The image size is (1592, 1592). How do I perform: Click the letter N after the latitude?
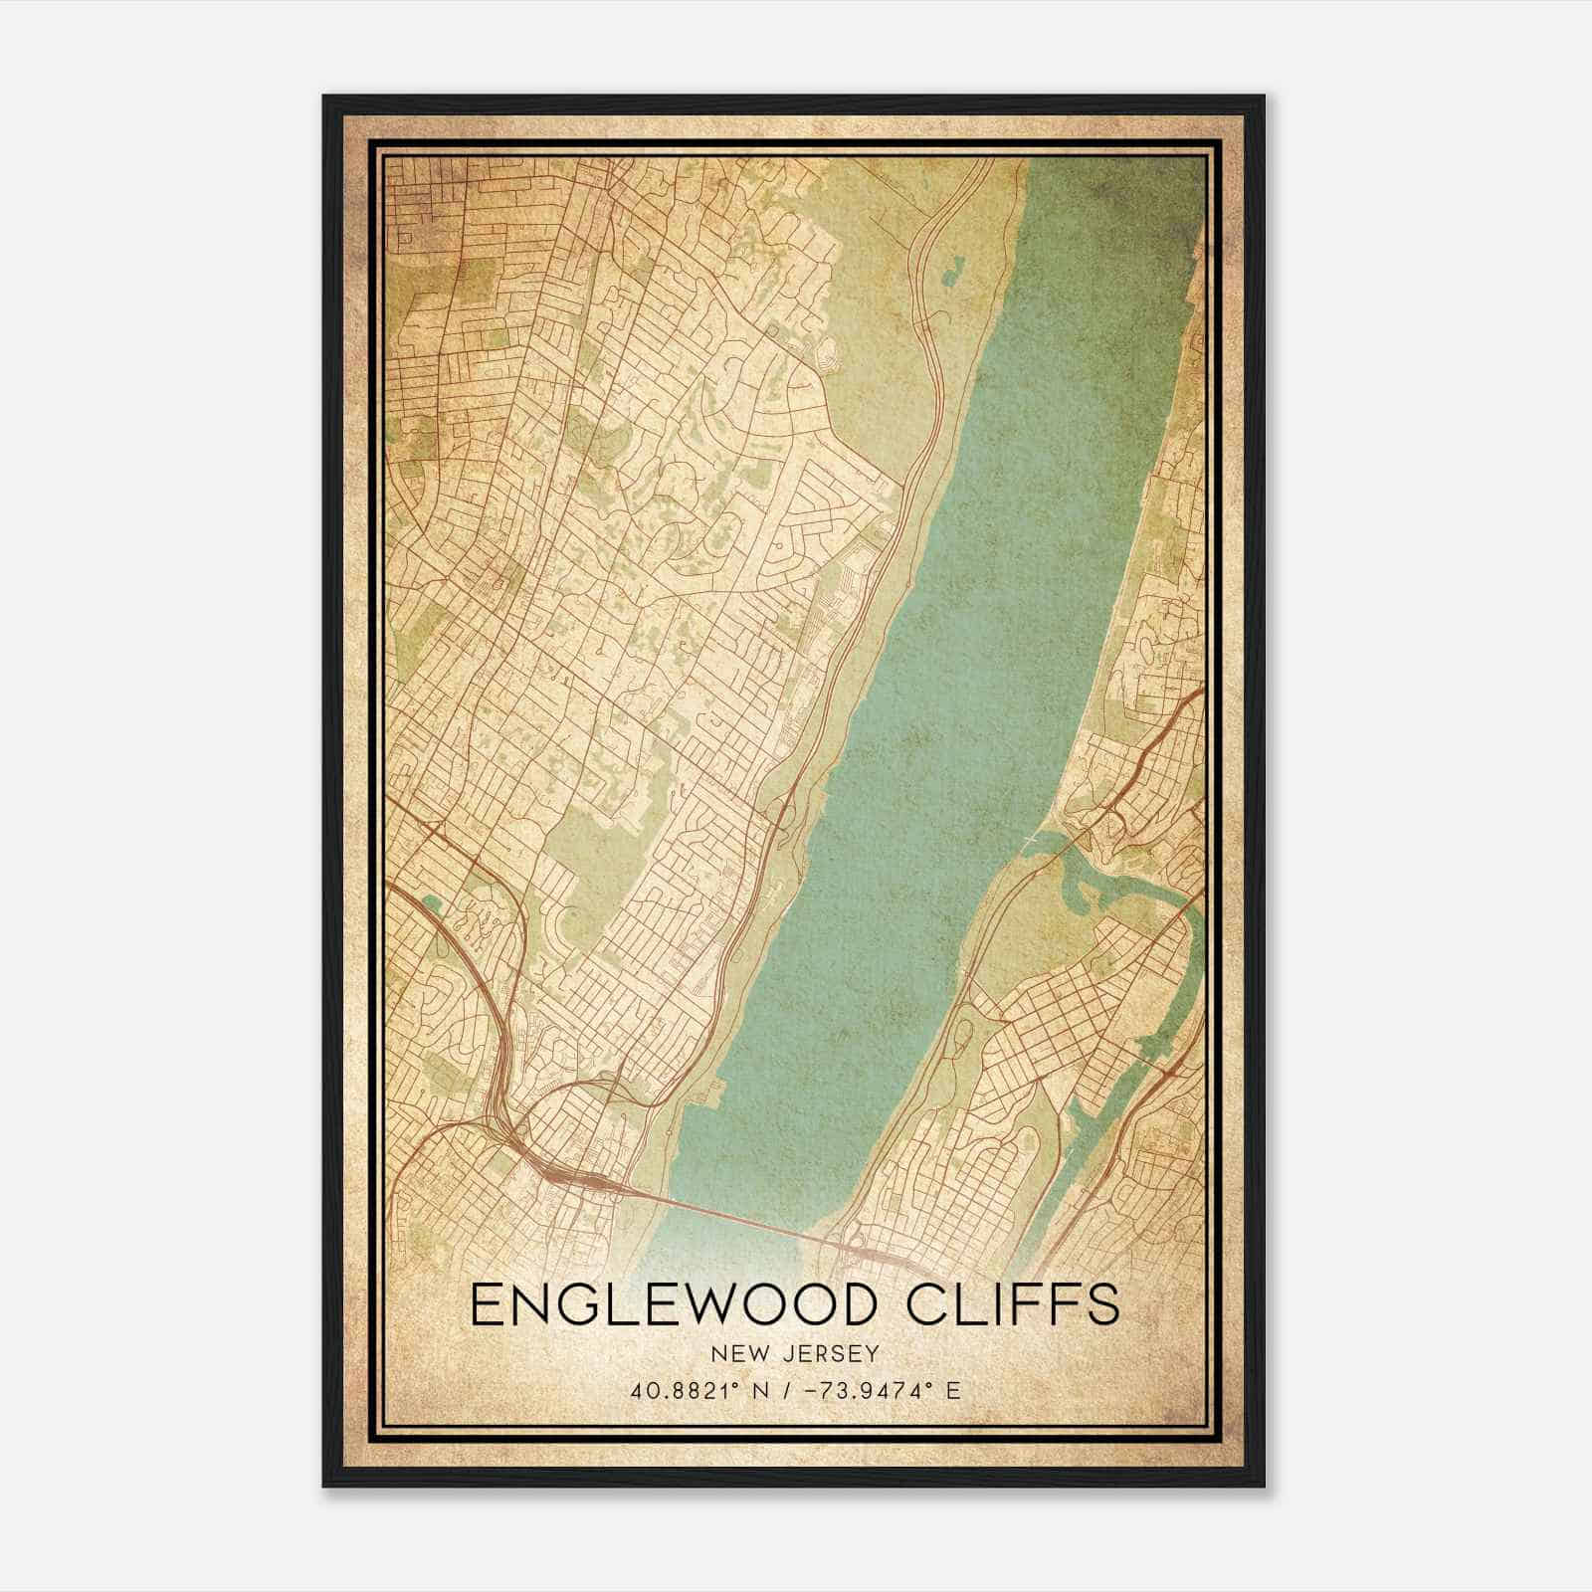(x=763, y=1391)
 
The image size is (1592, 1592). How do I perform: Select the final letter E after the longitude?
(x=953, y=1391)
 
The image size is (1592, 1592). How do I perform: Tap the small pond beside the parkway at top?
(x=955, y=267)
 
